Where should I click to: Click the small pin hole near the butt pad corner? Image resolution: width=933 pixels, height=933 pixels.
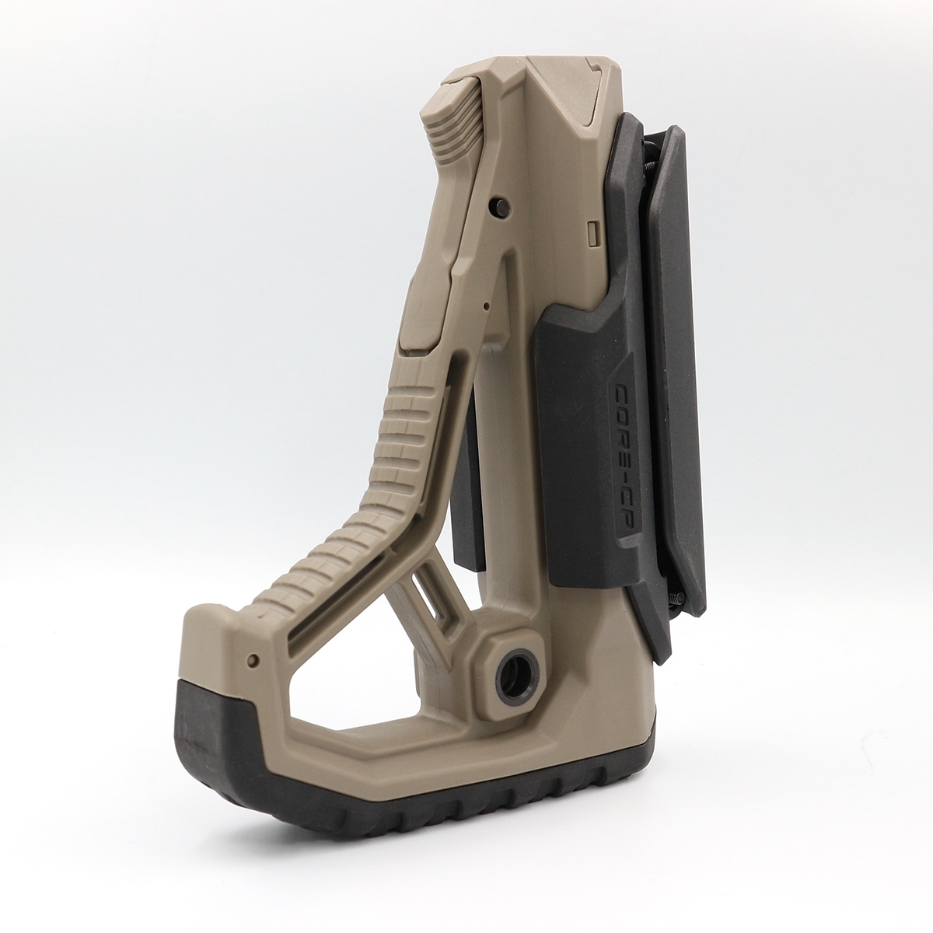pos(252,659)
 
